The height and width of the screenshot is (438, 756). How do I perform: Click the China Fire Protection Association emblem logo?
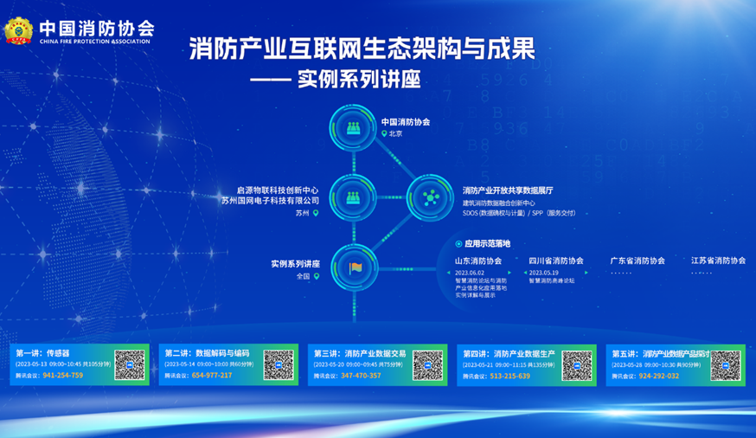coord(17,31)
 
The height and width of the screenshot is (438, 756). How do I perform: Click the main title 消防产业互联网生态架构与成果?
coord(362,48)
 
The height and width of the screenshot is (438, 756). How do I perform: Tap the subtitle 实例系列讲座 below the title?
coord(358,81)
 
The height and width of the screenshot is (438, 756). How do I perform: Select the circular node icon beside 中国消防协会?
coord(354,128)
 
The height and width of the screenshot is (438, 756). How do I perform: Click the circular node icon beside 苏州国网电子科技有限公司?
coord(354,197)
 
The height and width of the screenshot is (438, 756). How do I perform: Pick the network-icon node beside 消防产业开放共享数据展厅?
coord(431,197)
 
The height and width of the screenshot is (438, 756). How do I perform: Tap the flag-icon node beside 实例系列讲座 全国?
coord(354,267)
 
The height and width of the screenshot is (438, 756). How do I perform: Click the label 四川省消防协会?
coord(556,261)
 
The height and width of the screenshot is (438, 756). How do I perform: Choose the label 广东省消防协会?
coord(637,261)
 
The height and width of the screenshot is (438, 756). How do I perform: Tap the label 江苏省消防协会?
coord(718,261)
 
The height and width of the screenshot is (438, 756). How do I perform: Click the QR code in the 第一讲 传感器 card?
coord(130,364)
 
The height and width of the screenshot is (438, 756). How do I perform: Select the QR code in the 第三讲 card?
coord(427,364)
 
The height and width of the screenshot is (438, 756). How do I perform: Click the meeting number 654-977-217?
coord(212,376)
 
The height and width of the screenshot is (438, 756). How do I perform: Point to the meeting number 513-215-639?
coord(509,376)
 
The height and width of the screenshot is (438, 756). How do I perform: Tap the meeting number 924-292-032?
coord(658,376)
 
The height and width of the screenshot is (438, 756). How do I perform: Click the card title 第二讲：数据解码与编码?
coord(207,353)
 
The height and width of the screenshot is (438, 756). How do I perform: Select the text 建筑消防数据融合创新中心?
coord(498,203)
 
